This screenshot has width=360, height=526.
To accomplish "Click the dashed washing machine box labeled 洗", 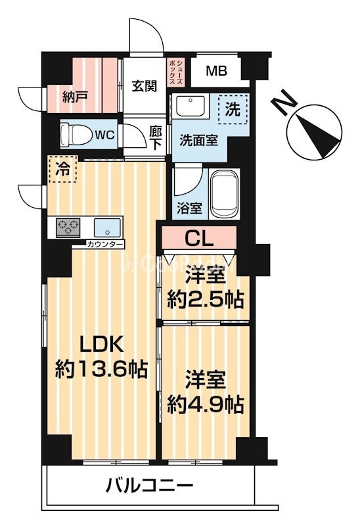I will [233, 108].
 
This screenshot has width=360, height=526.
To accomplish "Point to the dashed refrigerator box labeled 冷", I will [61, 168].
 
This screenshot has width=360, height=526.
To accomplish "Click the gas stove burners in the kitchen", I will [67, 227].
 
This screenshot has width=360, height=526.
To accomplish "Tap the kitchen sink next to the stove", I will [106, 228].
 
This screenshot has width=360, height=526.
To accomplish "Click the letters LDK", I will [99, 344].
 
